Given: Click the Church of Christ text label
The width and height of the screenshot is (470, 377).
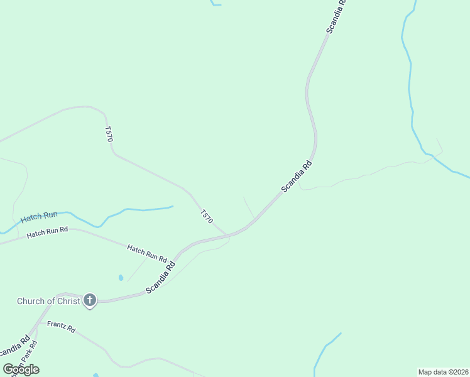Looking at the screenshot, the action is click(48, 301).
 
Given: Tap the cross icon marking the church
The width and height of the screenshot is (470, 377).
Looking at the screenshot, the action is click(90, 300).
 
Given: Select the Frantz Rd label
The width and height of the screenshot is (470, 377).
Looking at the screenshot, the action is click(62, 327).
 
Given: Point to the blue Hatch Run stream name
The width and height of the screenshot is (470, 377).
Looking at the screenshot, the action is click(39, 218).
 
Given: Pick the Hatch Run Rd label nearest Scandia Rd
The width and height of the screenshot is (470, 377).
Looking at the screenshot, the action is click(147, 253).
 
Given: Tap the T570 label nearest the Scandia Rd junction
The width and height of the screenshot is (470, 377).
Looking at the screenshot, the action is click(207, 217).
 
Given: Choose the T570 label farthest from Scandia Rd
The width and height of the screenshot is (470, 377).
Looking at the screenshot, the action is click(109, 134).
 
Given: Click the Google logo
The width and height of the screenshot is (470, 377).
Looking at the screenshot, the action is click(21, 369).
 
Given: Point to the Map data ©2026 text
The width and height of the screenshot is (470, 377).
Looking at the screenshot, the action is click(443, 371).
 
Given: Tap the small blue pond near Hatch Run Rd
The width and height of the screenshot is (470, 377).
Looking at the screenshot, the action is click(121, 277).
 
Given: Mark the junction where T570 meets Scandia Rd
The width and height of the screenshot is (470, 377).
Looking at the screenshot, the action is click(227, 236).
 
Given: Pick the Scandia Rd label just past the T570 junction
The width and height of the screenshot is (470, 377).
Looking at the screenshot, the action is click(297, 177).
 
